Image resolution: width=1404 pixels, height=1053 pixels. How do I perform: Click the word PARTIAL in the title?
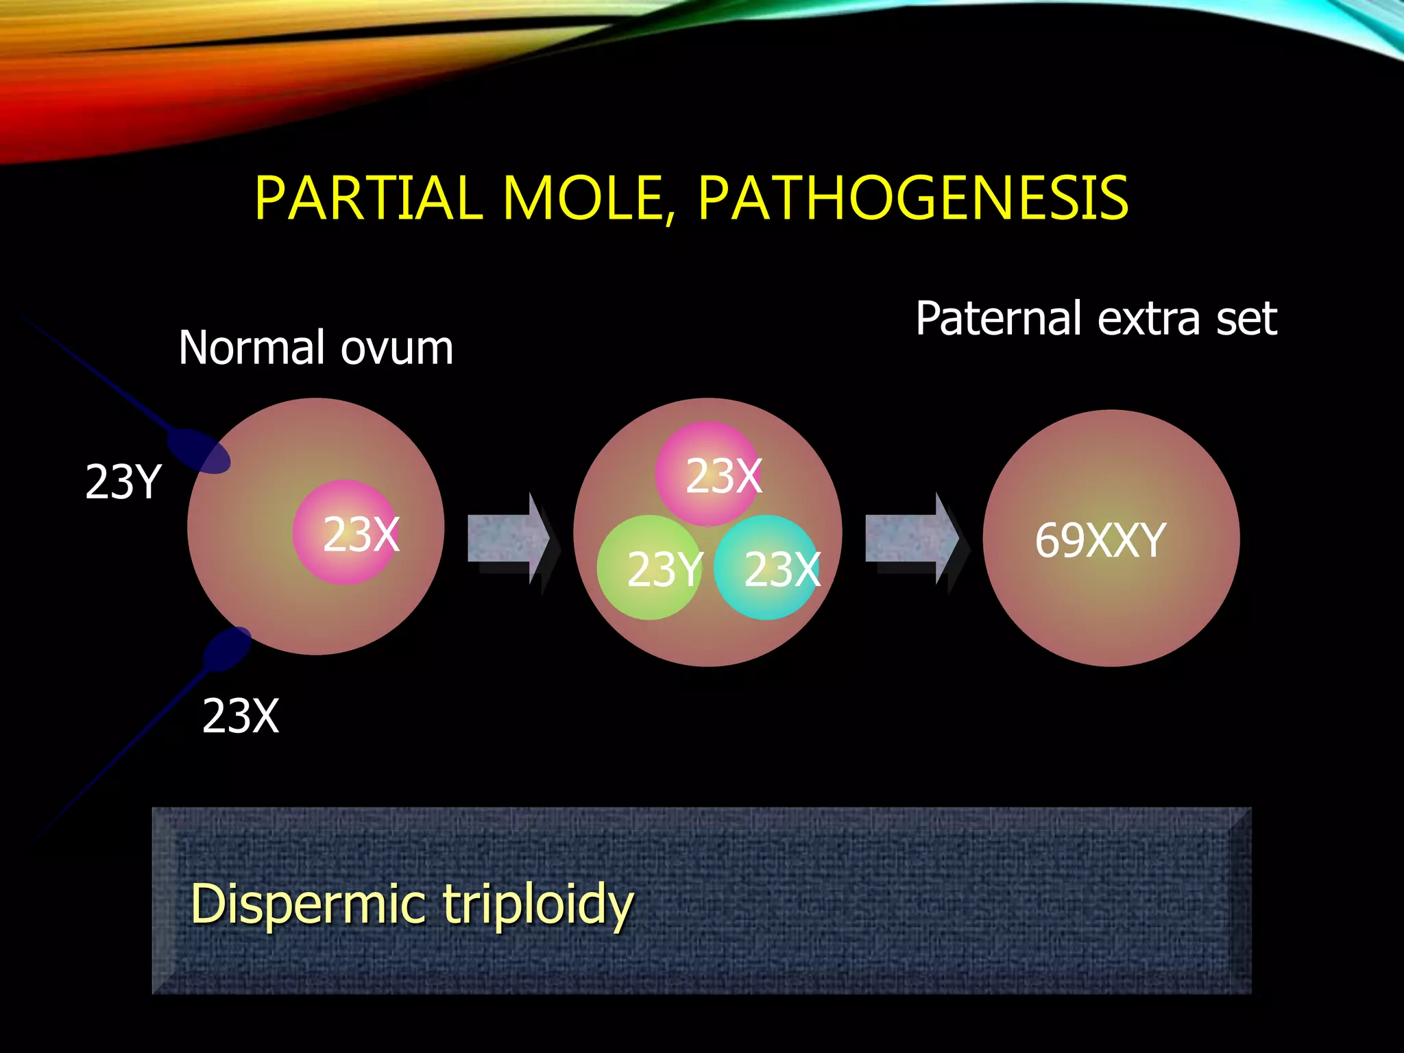pyautogui.click(x=368, y=199)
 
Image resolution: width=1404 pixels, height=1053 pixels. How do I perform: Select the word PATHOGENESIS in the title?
pyautogui.click(x=913, y=199)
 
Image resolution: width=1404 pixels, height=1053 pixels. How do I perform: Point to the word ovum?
pyautogui.click(x=397, y=348)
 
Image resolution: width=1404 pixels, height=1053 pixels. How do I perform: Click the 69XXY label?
pyautogui.click(x=1100, y=540)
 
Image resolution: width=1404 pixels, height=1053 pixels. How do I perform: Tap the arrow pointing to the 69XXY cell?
pyautogui.click(x=912, y=538)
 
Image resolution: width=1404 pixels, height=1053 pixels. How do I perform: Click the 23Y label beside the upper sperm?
pyautogui.click(x=123, y=482)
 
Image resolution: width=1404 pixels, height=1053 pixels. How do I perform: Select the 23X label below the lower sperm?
pyautogui.click(x=241, y=716)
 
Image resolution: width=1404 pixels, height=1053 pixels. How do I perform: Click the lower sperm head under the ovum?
pyautogui.click(x=228, y=649)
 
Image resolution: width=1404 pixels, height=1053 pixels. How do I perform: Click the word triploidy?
pyautogui.click(x=538, y=905)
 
